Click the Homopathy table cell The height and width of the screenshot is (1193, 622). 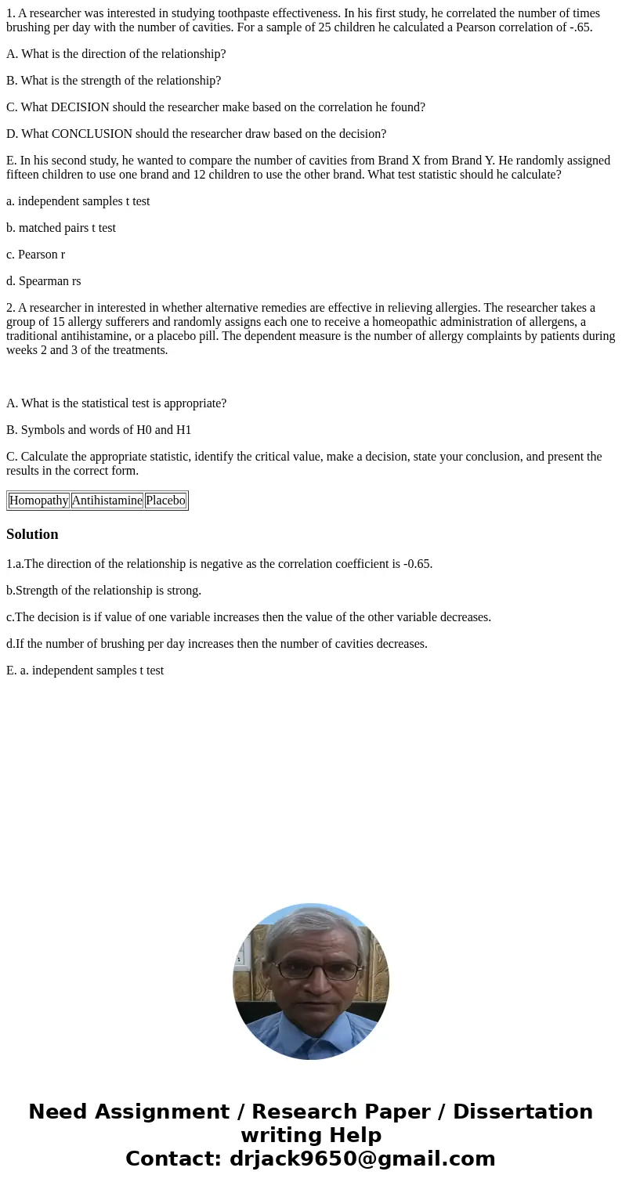[39, 501]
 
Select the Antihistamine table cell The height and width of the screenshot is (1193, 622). [107, 501]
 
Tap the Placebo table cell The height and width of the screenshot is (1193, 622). [165, 501]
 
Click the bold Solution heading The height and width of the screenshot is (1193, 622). [32, 534]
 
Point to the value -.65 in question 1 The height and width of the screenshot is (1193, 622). [579, 27]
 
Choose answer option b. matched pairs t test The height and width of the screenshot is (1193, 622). [61, 228]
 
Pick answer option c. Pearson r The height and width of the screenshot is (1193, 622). [36, 255]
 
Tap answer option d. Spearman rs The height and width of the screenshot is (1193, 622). [44, 281]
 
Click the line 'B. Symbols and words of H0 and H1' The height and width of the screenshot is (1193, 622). [99, 430]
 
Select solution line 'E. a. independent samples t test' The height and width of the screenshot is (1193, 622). [85, 671]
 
